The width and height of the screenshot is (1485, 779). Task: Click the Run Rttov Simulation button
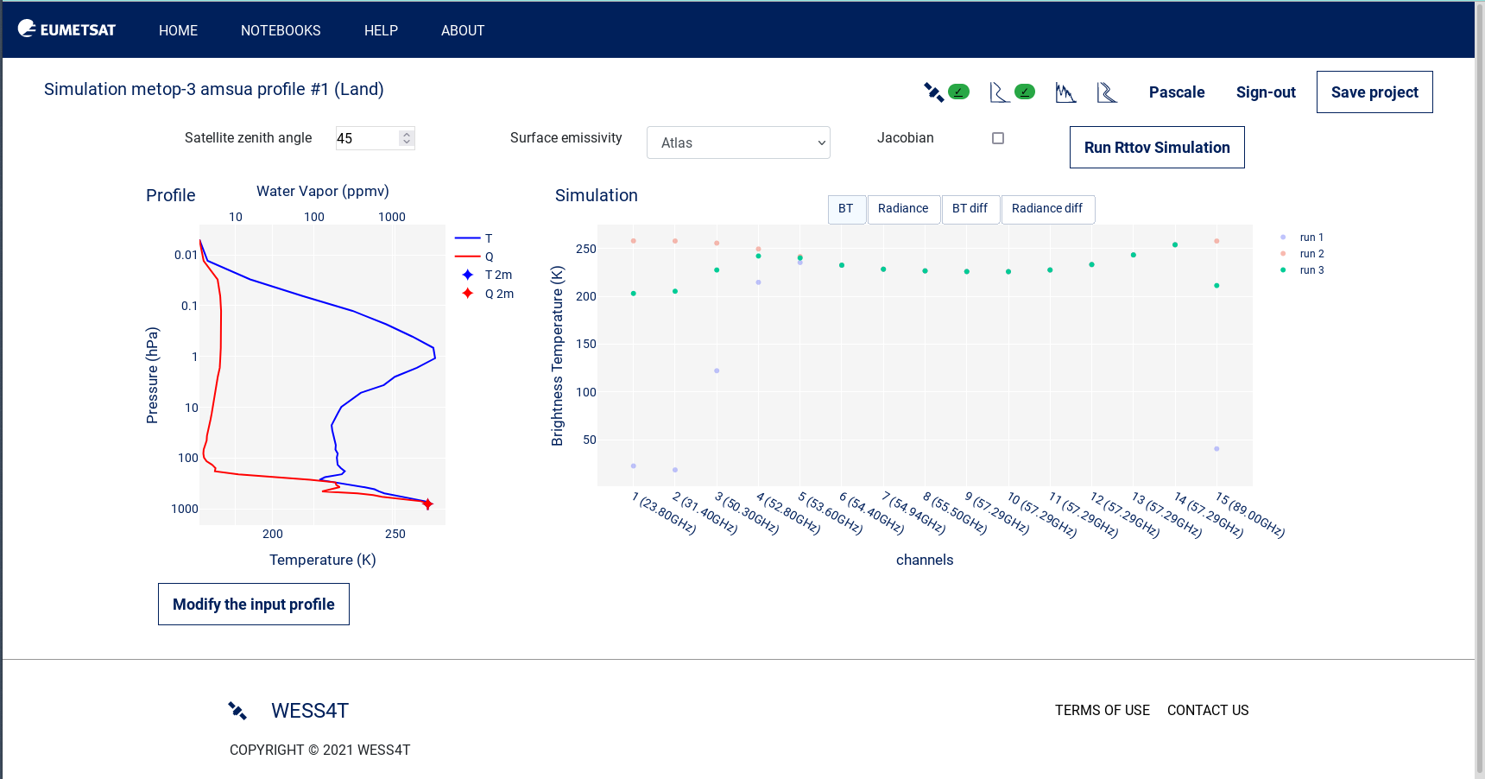(1156, 148)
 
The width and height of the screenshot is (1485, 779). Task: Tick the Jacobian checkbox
(998, 138)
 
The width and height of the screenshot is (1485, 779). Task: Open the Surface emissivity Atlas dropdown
(737, 142)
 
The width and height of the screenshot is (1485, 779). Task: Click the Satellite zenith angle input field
(366, 138)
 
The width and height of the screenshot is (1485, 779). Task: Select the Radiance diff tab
(1046, 209)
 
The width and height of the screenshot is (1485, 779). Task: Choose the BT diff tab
(970, 209)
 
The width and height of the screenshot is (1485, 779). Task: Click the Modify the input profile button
(253, 605)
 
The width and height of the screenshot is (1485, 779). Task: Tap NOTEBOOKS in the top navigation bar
(281, 30)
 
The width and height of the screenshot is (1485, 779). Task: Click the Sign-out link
(1265, 92)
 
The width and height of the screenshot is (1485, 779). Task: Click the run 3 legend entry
(1311, 270)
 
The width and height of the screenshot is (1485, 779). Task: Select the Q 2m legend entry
(498, 294)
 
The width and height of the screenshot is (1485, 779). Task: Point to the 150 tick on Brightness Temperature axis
(586, 344)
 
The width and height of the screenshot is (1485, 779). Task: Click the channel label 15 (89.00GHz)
(1250, 515)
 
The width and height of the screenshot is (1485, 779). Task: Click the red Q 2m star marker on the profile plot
(427, 503)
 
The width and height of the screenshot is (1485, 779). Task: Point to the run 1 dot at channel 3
(717, 370)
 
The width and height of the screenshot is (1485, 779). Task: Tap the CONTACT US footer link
(1207, 710)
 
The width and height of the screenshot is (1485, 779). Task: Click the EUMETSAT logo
(66, 29)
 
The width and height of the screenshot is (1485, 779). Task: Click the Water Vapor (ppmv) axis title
(322, 191)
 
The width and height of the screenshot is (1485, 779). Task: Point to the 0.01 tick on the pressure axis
(186, 255)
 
